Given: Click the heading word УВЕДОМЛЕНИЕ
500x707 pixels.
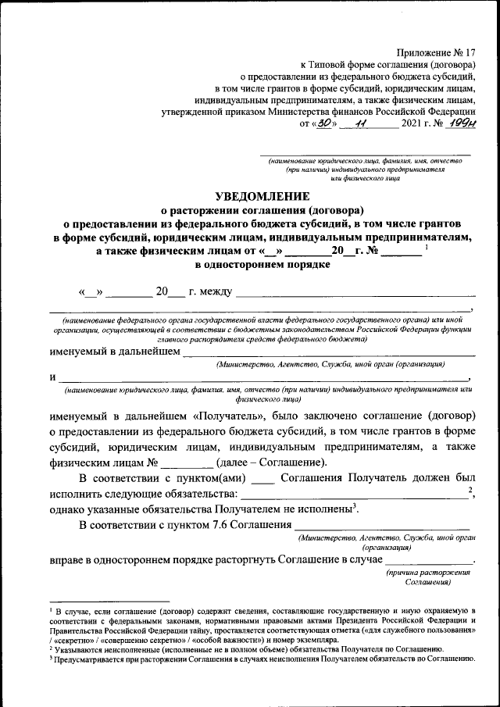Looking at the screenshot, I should pos(262,195).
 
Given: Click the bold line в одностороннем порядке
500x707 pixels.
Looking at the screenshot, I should pos(262,264).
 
